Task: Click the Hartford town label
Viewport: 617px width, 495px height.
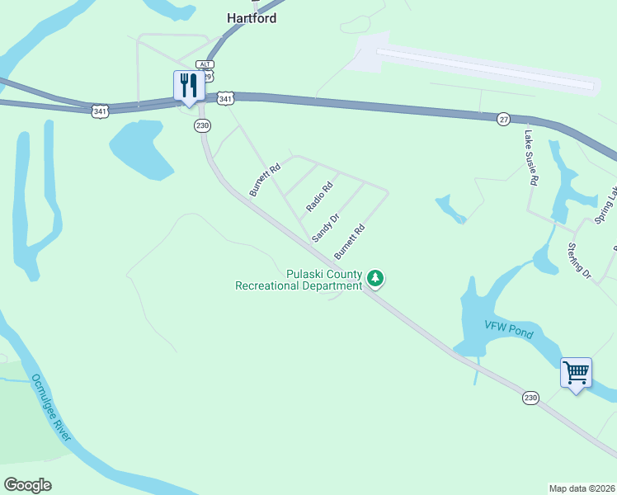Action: [x=252, y=18]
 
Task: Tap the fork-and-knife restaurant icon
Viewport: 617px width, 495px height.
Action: [x=190, y=85]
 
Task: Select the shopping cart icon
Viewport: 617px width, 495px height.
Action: [x=576, y=372]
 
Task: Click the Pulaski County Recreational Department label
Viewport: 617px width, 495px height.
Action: [x=299, y=280]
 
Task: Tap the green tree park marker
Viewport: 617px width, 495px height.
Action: [x=375, y=279]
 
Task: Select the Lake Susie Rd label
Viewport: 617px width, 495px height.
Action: [x=532, y=157]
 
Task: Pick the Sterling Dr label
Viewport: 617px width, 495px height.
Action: [x=579, y=260]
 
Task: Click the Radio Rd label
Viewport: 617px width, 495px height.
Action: [x=318, y=196]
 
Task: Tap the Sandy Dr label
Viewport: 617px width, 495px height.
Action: [x=326, y=228]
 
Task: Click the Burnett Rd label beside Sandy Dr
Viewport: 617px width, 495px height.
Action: [x=349, y=242]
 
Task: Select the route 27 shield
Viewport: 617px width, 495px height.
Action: [x=503, y=119]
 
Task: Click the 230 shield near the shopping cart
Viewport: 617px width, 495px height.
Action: [x=530, y=398]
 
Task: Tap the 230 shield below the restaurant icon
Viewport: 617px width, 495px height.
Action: [x=202, y=125]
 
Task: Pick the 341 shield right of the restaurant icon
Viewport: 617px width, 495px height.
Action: [x=225, y=98]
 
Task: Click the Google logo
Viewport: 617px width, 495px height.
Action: [x=27, y=485]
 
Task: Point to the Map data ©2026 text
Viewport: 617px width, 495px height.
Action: [x=582, y=488]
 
